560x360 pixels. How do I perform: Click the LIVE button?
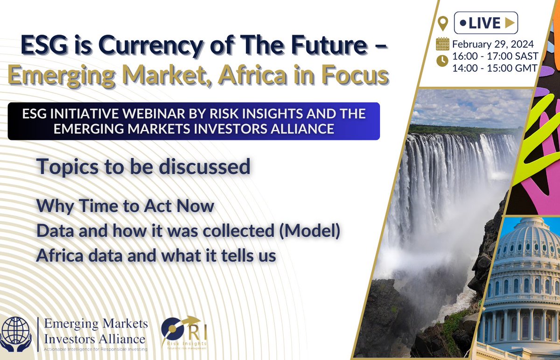click(485, 22)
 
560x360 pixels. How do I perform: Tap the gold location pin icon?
click(443, 23)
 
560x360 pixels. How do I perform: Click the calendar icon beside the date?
click(442, 44)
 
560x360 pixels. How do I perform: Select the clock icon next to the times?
click(442, 60)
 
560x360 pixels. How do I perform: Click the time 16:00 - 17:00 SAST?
click(496, 56)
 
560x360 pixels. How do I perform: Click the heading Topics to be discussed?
click(143, 167)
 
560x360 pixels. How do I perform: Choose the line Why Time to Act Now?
click(125, 206)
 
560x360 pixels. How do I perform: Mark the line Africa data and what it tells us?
click(156, 256)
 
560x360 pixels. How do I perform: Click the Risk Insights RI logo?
click(184, 332)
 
